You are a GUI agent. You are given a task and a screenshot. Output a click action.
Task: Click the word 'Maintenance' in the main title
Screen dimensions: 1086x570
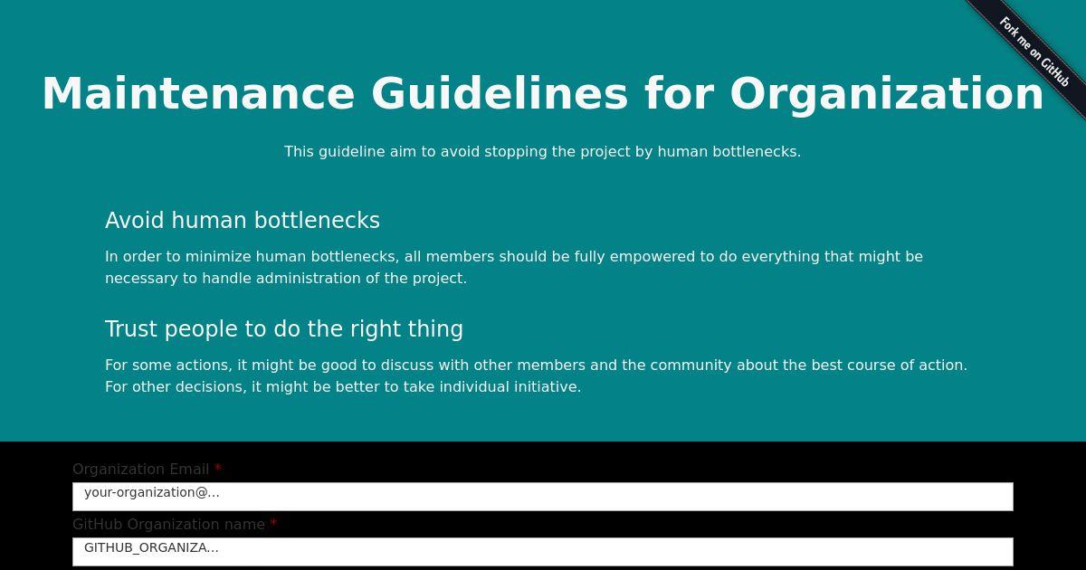coord(199,93)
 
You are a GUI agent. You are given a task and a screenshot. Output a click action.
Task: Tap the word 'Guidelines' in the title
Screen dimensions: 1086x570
coord(500,93)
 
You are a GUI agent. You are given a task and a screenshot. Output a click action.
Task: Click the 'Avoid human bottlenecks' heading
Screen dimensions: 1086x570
coord(243,220)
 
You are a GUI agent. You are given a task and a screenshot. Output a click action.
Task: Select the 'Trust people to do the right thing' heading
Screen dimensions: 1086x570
coord(284,328)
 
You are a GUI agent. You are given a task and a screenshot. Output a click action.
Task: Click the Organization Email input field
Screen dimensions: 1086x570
coord(542,497)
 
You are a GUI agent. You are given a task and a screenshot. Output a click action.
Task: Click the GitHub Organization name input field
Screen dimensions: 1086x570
coord(542,552)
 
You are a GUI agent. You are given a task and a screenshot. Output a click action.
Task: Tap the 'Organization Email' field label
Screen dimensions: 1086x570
coord(140,470)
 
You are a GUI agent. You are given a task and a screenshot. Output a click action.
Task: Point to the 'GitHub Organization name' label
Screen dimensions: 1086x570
coord(168,525)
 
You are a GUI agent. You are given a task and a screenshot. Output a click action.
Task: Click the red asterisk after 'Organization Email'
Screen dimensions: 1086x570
coord(218,468)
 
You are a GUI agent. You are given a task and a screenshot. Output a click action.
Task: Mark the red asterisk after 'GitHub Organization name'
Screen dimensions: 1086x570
coord(273,523)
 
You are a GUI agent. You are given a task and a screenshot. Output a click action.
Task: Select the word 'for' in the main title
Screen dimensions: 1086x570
coord(679,93)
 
